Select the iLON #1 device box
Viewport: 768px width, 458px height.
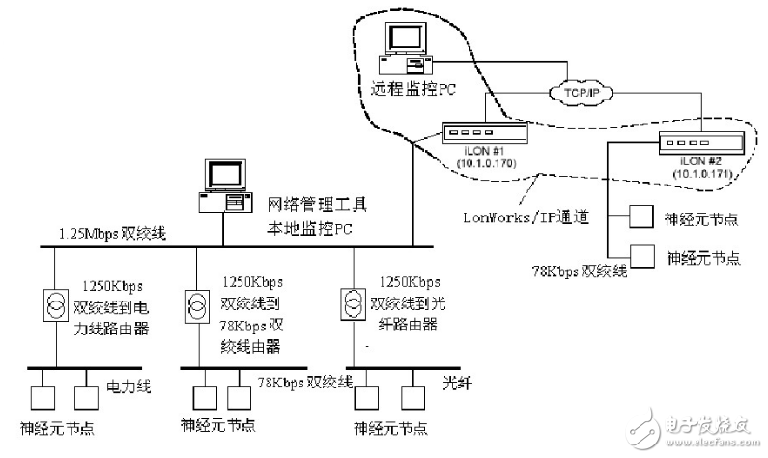tap(479, 133)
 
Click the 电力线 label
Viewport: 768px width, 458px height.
tap(124, 386)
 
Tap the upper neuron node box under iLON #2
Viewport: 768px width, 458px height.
tap(641, 217)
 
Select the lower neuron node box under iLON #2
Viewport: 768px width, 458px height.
tap(641, 256)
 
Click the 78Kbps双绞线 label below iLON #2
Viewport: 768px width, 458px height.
tap(580, 272)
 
